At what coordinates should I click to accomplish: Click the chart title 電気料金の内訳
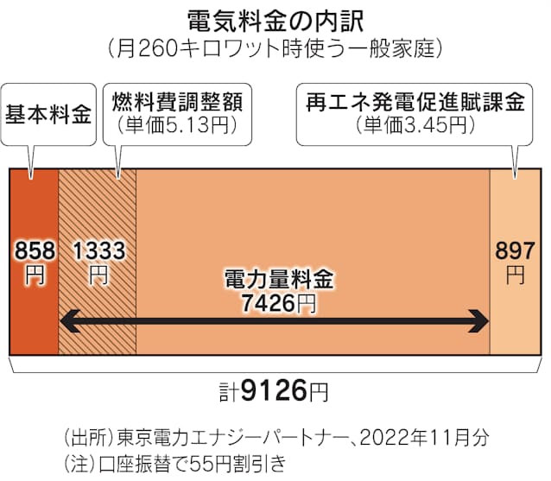(x=275, y=22)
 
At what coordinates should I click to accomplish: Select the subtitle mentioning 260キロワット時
(x=275, y=48)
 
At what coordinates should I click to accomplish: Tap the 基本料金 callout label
(x=48, y=114)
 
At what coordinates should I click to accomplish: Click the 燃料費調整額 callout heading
(x=177, y=102)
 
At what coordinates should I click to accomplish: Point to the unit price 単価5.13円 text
(x=177, y=124)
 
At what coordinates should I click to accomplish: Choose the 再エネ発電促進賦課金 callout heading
(x=415, y=102)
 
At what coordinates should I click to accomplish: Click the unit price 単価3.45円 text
(x=415, y=124)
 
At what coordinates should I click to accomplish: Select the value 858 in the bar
(x=35, y=250)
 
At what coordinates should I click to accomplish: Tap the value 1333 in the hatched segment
(x=99, y=250)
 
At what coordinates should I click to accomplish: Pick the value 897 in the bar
(x=515, y=250)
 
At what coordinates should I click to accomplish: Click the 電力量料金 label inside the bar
(x=279, y=280)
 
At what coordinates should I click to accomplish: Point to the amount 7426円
(x=279, y=303)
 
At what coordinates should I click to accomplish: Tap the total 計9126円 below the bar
(x=274, y=390)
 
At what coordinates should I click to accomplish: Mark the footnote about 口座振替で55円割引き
(x=174, y=464)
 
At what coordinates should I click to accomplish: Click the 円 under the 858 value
(x=35, y=275)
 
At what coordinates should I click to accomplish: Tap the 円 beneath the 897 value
(x=515, y=275)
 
